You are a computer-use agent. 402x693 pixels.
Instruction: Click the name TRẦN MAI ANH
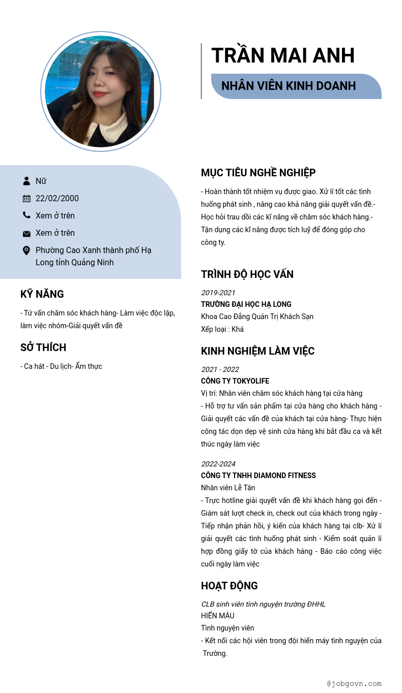[x=283, y=56]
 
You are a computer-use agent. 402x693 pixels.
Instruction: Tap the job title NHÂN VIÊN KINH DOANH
[x=289, y=86]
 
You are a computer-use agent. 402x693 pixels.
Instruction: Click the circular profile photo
[x=101, y=91]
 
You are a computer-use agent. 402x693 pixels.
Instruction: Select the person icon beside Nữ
[x=26, y=181]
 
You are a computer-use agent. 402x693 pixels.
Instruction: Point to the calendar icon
[x=26, y=198]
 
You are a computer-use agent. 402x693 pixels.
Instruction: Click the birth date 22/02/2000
[x=57, y=198]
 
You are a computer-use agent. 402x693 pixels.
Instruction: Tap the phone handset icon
[x=26, y=215]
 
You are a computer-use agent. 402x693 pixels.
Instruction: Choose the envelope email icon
[x=26, y=233]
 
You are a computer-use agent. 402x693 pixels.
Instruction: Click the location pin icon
[x=26, y=250]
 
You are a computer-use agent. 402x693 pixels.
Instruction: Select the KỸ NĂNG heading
[x=42, y=294]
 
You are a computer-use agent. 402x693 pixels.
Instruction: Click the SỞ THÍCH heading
[x=43, y=348]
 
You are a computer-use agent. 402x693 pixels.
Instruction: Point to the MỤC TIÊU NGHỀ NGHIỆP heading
[x=258, y=173]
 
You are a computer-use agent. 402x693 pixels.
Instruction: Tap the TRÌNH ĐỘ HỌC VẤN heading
[x=247, y=274]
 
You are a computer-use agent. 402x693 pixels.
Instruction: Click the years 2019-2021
[x=218, y=293]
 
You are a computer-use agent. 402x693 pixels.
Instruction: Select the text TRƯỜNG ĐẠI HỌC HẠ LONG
[x=246, y=304]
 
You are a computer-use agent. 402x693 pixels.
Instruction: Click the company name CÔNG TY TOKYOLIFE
[x=235, y=381]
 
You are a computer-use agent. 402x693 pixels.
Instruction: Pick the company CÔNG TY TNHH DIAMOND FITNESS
[x=259, y=476]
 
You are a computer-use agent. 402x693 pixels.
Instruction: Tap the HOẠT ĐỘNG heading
[x=229, y=586]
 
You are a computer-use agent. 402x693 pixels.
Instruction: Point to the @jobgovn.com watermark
[x=354, y=684]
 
